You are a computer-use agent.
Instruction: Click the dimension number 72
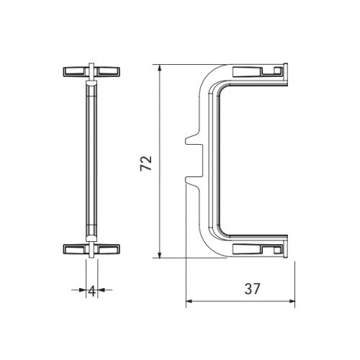146,163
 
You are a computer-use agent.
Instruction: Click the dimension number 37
252,289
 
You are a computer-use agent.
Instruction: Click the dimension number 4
92,292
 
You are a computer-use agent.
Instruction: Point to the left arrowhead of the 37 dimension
189,301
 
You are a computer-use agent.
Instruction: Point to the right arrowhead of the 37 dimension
291,301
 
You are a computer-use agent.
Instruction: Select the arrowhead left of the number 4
83,290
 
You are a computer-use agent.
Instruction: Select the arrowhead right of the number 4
101,290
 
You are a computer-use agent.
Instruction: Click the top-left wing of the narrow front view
76,72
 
